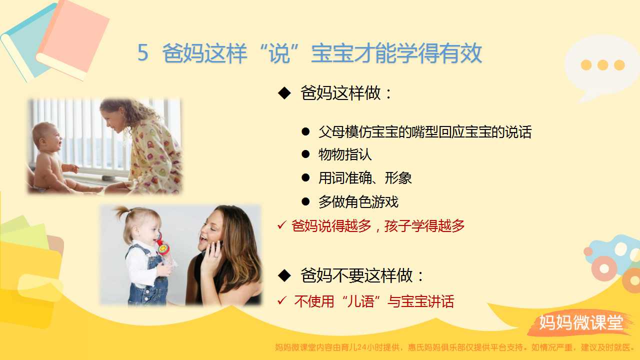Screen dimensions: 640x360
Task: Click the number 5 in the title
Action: pos(143,53)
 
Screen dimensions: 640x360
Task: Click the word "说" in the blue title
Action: pos(279,53)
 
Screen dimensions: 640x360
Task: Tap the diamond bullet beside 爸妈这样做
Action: pos(284,93)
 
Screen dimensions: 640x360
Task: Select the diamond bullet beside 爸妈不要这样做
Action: pos(284,275)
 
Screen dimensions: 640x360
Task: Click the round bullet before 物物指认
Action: pos(305,154)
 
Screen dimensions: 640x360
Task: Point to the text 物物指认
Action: pos(345,154)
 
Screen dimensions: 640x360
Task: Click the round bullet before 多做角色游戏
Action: pos(305,201)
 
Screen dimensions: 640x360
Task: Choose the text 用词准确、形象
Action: pos(365,178)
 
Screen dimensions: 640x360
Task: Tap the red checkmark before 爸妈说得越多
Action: pos(281,225)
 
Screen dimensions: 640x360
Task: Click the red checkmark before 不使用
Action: pos(281,300)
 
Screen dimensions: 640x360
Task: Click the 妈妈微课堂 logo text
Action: pos(581,322)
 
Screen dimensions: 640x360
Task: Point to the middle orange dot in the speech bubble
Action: pos(603,65)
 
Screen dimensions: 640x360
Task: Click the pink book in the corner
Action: pos(73,38)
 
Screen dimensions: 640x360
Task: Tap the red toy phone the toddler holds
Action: pos(162,245)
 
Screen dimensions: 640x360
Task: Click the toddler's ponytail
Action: pos(123,213)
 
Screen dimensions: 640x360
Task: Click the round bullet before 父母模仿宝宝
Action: pos(305,131)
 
